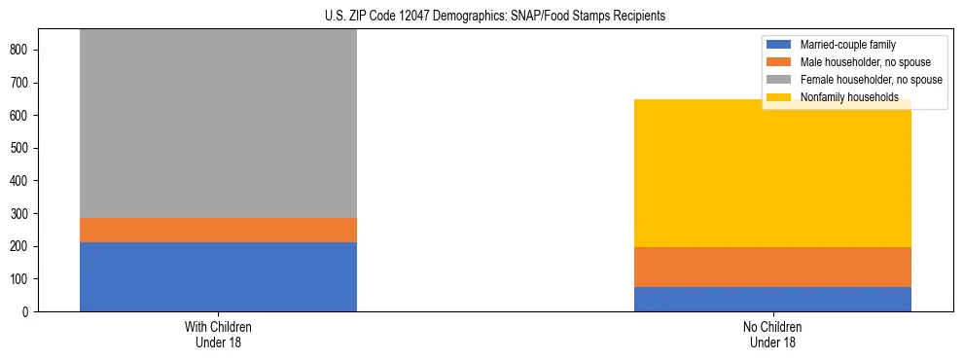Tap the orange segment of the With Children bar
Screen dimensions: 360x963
(x=218, y=230)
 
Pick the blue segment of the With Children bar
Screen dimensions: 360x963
(x=218, y=276)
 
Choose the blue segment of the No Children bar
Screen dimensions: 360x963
(x=772, y=299)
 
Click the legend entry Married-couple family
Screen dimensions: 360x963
(x=847, y=45)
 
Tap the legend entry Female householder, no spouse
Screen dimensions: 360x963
(x=871, y=80)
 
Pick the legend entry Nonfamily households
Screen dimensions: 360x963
(x=842, y=97)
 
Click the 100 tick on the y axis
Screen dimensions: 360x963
(x=25, y=279)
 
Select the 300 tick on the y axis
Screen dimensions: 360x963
(x=25, y=214)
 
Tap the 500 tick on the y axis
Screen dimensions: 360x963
(x=25, y=148)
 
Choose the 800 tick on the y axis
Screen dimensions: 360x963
(x=25, y=50)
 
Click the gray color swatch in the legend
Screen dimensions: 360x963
(x=779, y=80)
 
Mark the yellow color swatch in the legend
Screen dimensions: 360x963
(x=779, y=97)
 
